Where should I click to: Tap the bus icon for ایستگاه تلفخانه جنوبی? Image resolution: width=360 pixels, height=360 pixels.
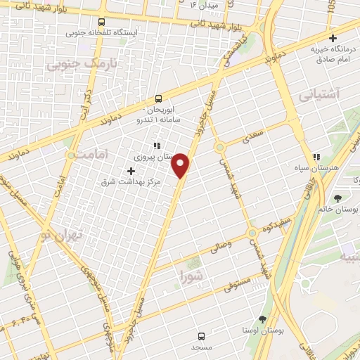(x=102, y=22)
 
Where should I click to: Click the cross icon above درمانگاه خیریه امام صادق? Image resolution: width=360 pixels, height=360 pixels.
(x=333, y=37)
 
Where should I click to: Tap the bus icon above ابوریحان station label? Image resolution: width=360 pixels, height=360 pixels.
(x=158, y=99)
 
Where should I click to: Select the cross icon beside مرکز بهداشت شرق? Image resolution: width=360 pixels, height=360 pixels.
(x=131, y=171)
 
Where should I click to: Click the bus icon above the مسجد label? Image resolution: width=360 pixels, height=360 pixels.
(x=202, y=335)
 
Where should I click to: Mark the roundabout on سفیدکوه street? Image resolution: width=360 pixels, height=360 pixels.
(x=252, y=233)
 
